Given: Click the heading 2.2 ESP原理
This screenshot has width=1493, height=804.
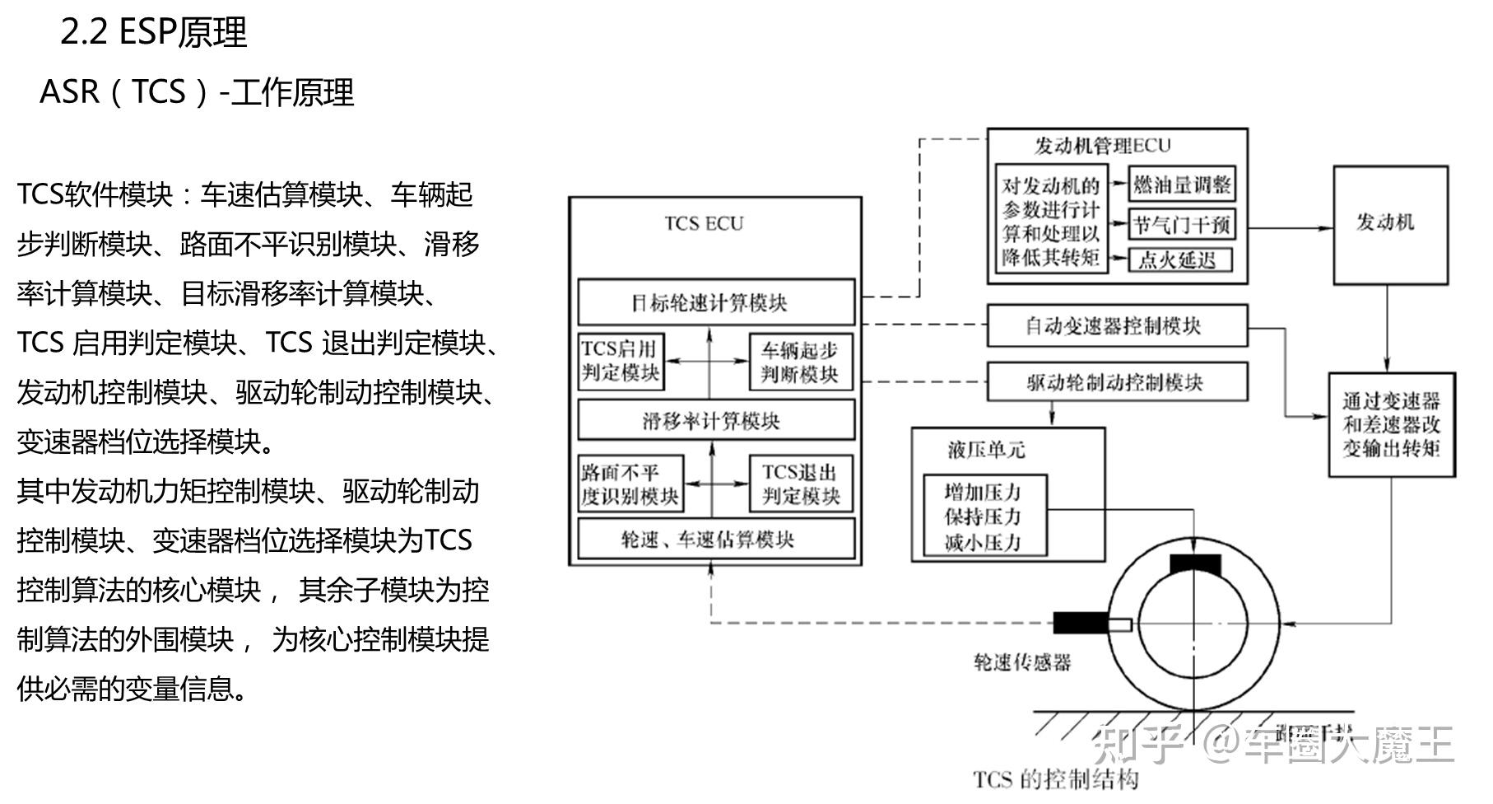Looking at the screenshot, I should click(x=154, y=33).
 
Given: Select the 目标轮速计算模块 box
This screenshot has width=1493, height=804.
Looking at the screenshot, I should click(x=716, y=302).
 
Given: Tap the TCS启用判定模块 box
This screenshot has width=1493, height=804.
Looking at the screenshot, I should click(x=621, y=361).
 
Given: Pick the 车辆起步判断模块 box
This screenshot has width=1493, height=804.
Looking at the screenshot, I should click(x=800, y=362).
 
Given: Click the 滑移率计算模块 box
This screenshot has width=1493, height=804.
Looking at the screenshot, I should click(x=716, y=421).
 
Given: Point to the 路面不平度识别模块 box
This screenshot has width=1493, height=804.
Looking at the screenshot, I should click(x=630, y=484).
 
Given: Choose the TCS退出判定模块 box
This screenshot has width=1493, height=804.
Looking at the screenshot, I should click(x=800, y=484).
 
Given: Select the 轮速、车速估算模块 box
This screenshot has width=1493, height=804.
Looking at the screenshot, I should click(x=716, y=540).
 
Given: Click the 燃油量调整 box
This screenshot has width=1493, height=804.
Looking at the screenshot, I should click(x=1182, y=185).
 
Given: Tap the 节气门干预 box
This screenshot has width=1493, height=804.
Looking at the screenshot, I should click(x=1182, y=224).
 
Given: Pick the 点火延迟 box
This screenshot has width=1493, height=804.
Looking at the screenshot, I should click(x=1179, y=260).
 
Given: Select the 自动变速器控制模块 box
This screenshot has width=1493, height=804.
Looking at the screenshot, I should click(x=1117, y=325).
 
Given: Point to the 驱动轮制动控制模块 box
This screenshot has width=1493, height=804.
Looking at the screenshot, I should click(x=1117, y=382).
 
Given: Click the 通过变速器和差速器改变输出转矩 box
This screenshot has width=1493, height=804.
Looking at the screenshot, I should click(x=1392, y=424).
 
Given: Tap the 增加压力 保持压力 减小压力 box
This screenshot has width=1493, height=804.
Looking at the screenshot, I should click(x=984, y=516).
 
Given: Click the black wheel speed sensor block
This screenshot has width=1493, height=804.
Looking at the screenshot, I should click(x=1081, y=624).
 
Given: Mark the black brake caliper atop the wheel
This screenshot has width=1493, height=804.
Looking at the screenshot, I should click(x=1194, y=565).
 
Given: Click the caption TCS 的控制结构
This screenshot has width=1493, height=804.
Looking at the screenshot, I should click(x=1056, y=779).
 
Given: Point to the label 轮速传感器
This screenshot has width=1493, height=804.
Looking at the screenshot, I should click(x=1022, y=662).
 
